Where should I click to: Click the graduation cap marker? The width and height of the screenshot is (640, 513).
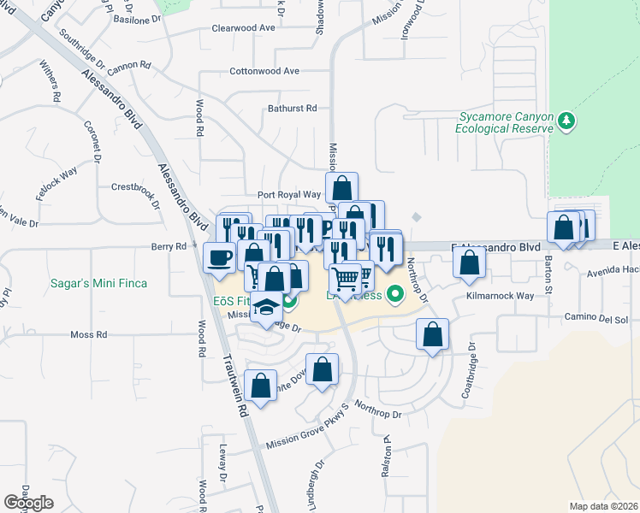(267, 307)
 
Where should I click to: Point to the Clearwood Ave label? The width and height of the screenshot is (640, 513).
(244, 27)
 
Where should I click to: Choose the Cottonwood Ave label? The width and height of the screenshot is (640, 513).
(264, 71)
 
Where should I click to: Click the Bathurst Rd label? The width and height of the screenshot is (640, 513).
(292, 109)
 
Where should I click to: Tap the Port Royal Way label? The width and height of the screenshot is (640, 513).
(289, 195)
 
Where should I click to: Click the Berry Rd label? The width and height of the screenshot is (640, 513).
(169, 246)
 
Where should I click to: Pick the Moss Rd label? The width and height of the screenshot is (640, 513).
(88, 335)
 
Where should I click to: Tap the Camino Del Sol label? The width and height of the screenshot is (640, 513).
(596, 319)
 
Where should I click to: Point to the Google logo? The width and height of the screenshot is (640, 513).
(29, 502)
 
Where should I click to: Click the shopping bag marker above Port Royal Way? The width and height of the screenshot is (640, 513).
(341, 187)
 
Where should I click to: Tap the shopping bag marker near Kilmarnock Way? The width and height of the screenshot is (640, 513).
(469, 263)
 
